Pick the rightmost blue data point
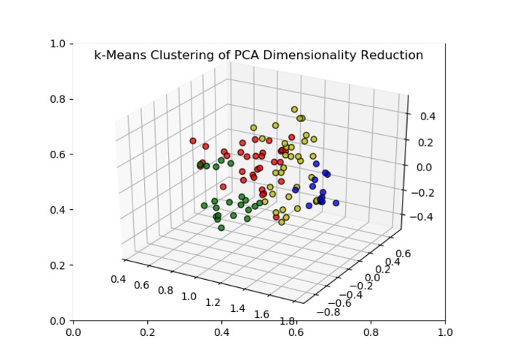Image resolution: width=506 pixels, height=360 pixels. pyautogui.click(x=336, y=203)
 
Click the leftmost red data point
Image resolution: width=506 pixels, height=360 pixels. pyautogui.click(x=193, y=141)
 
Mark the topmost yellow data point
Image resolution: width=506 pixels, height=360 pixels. pyautogui.click(x=295, y=110)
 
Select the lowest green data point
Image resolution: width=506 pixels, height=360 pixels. pyautogui.click(x=221, y=227)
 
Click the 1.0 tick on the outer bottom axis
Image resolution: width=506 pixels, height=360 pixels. pyautogui.click(x=445, y=332)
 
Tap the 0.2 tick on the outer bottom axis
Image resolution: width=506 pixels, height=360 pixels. pyautogui.click(x=148, y=332)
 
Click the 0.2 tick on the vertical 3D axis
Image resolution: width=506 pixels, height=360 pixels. pyautogui.click(x=422, y=142)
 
